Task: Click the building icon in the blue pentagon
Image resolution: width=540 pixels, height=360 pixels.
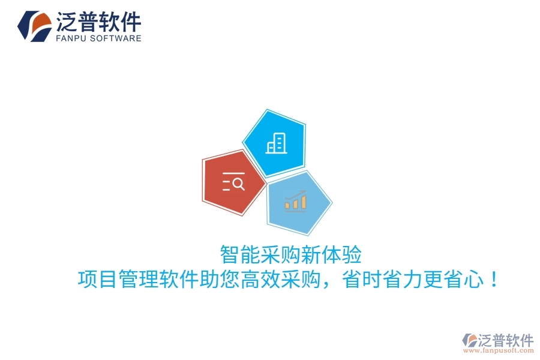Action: pos(276,143)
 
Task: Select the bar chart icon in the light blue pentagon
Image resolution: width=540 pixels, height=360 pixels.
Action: pos(295,201)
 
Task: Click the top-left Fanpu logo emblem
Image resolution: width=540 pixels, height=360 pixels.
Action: pos(35,26)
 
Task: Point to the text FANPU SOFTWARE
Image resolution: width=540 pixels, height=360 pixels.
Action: pos(98,38)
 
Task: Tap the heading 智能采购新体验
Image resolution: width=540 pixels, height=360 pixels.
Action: pos(291,254)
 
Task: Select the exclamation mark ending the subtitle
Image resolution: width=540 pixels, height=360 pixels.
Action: pos(494,280)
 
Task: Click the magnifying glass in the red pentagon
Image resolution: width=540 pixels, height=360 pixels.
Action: pos(238,184)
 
